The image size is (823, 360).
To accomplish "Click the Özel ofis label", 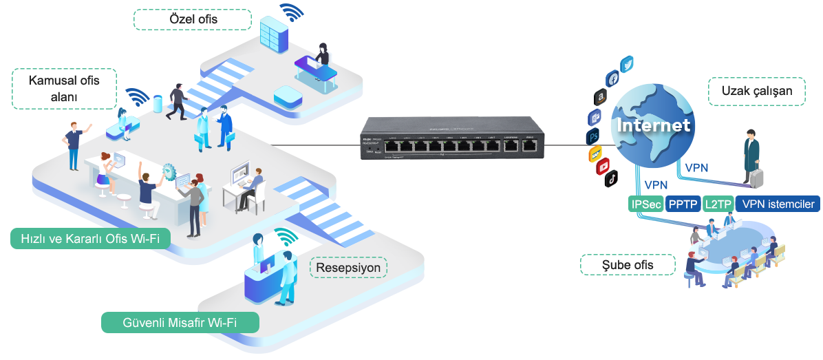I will click(x=192, y=19).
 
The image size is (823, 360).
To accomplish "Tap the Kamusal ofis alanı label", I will click(x=64, y=88).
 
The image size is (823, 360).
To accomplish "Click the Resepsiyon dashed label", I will click(x=348, y=267).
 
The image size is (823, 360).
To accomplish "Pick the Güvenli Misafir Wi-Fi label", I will click(x=180, y=322).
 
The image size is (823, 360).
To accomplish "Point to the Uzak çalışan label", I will click(x=756, y=90).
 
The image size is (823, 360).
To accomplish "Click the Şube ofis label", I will click(x=628, y=265).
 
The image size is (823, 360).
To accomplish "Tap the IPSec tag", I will click(x=646, y=204).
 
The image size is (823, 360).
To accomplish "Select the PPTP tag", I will click(x=683, y=204).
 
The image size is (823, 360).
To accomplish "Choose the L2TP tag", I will click(x=717, y=204).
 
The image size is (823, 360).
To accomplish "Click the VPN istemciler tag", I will click(x=778, y=204).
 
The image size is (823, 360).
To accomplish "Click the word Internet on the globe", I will click(x=652, y=126).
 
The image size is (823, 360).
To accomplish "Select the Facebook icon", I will click(x=612, y=78).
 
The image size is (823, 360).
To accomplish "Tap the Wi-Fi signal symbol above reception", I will click(x=286, y=237).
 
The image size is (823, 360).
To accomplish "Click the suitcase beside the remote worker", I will click(x=757, y=177).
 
